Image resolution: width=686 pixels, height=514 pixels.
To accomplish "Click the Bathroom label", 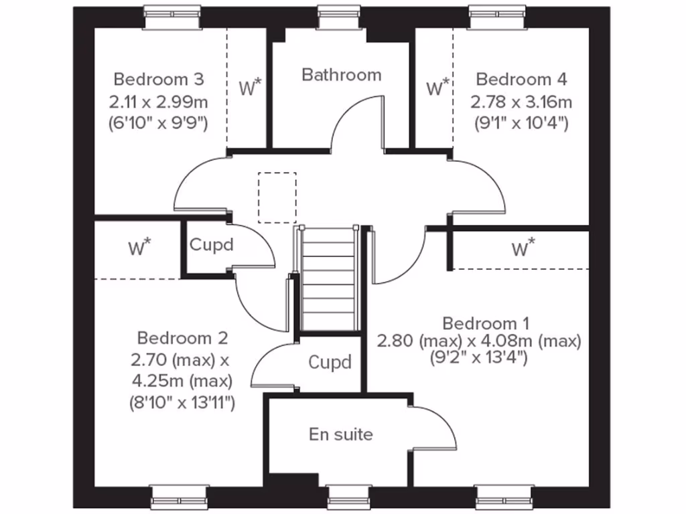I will [x=341, y=74].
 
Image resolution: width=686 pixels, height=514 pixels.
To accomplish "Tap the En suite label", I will [x=340, y=434].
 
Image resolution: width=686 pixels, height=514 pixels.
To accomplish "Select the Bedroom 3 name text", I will [x=159, y=80].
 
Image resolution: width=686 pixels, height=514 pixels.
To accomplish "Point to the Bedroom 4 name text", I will [x=521, y=80].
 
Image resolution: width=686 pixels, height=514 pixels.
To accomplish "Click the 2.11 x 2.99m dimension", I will [x=159, y=102].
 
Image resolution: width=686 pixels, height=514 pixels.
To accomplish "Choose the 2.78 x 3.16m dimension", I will [x=521, y=102].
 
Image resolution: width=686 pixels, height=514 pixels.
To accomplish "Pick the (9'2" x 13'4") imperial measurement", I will [x=478, y=357].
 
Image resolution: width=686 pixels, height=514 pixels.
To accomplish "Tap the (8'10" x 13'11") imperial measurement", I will [x=182, y=403].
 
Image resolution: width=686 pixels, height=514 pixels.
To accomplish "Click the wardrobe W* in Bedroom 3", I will [x=251, y=87].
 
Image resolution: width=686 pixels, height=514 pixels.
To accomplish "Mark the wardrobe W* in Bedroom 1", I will [x=523, y=248].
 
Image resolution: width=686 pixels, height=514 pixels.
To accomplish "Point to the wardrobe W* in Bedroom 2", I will [x=139, y=248].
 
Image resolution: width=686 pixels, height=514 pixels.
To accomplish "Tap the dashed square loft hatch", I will [x=277, y=197].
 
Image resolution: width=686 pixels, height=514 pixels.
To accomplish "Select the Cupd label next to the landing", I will [x=211, y=245].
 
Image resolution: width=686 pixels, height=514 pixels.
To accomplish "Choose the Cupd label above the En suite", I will [x=330, y=363].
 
